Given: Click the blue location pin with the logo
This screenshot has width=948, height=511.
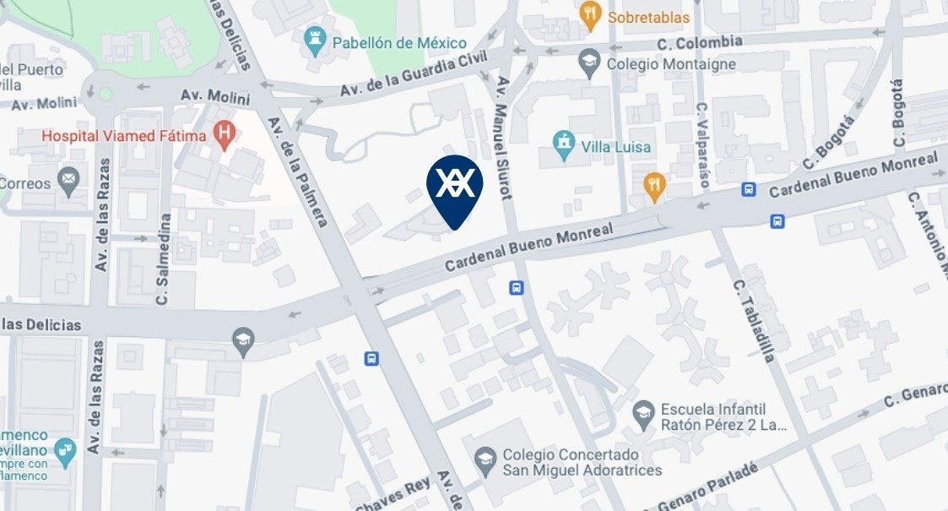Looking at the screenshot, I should [454, 188].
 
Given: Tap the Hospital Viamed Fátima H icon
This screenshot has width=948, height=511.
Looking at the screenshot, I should [225, 134].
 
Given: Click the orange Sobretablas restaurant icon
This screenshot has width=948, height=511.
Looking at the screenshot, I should [590, 14].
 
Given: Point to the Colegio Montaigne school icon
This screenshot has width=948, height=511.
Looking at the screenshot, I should [588, 62].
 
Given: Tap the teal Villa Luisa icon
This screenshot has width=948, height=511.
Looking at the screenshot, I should [563, 145].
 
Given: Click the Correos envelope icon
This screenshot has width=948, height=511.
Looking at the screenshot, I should [68, 180].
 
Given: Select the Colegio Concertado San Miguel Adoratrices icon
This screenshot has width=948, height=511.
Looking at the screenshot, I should [485, 460].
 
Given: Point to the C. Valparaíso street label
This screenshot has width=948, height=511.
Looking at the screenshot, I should [702, 139].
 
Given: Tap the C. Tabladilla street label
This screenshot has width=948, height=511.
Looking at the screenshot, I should [754, 321].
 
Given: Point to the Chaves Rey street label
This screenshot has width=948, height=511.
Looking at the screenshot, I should [393, 494].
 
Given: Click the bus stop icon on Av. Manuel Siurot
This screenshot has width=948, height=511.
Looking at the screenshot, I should [517, 288].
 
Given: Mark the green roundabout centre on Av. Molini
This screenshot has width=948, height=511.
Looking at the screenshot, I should [105, 93].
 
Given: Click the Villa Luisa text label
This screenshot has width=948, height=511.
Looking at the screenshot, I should [616, 147].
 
